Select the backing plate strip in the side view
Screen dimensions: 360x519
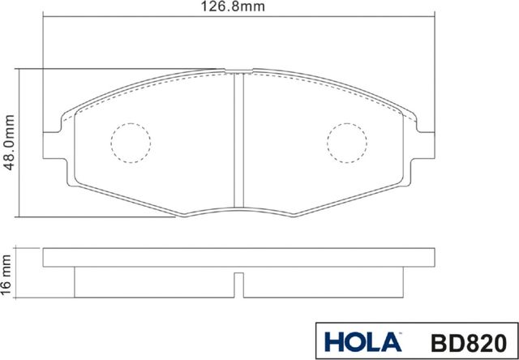[239, 258]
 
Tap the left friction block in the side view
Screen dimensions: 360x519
[154, 282]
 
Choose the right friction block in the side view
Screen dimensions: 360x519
[324, 282]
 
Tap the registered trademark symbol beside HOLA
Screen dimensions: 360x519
[400, 332]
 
